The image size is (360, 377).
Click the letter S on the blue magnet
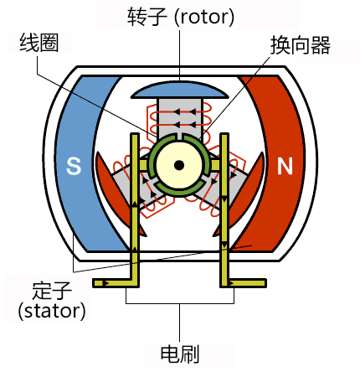point(74,167)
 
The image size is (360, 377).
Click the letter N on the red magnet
point(285,166)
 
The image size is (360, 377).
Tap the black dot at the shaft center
point(179,165)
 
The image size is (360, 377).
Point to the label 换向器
point(299,47)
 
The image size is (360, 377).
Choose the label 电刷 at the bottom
point(179,354)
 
